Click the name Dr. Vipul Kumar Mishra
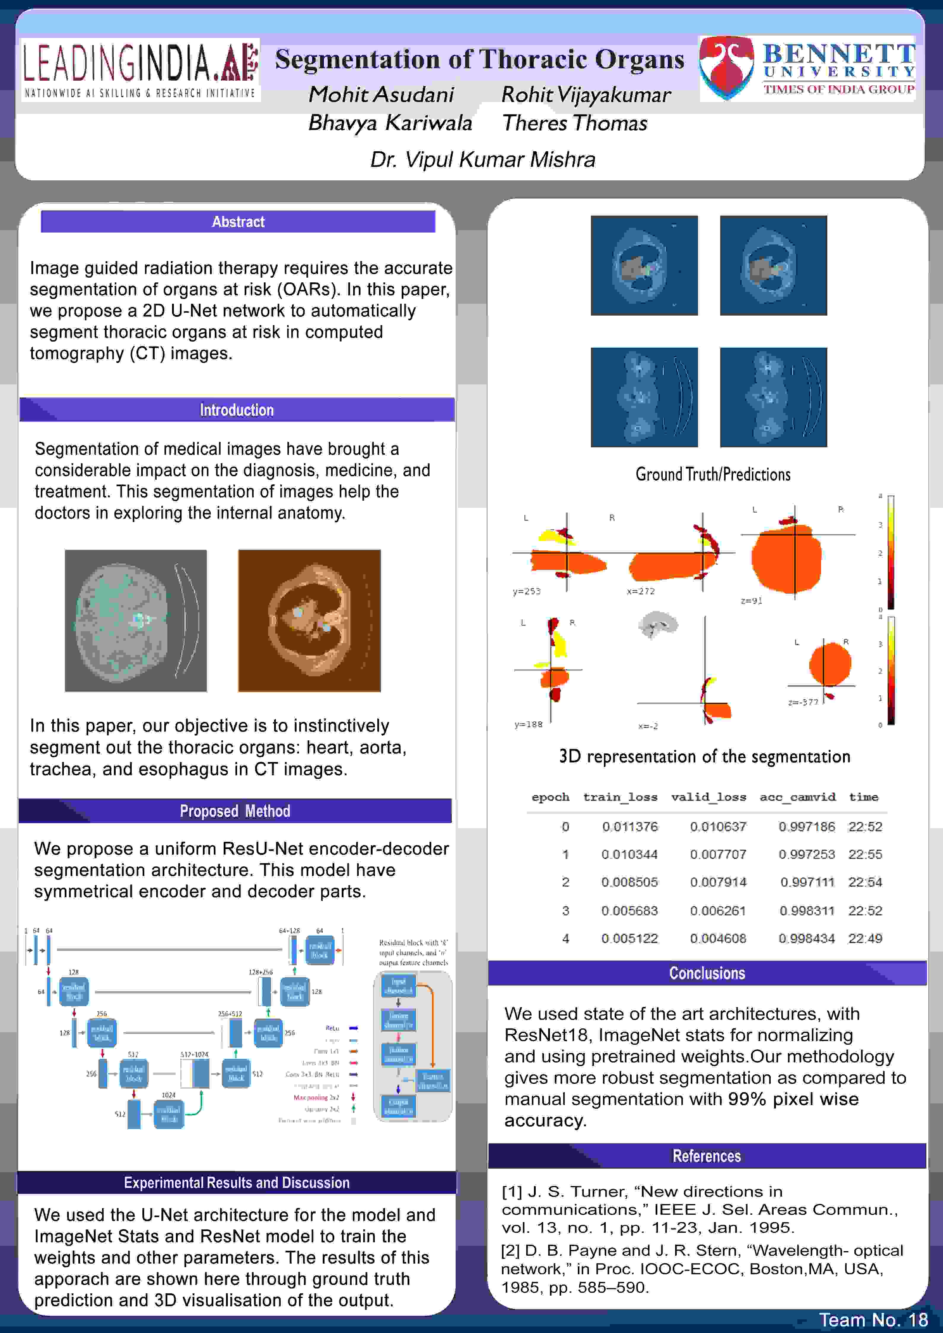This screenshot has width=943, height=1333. coord(483,159)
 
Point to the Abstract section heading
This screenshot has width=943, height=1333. coord(238,222)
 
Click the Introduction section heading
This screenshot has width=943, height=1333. coord(236,410)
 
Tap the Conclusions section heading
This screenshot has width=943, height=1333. coord(707,973)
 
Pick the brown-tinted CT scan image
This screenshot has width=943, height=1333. coord(309,621)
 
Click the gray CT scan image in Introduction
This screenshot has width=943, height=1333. coord(136,621)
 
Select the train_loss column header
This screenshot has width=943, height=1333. coord(620,797)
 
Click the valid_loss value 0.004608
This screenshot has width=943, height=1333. coord(718,938)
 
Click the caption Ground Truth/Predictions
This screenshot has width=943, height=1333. coord(713,474)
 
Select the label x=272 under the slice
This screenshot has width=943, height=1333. coord(640,591)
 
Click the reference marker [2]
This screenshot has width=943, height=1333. coord(511,1251)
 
